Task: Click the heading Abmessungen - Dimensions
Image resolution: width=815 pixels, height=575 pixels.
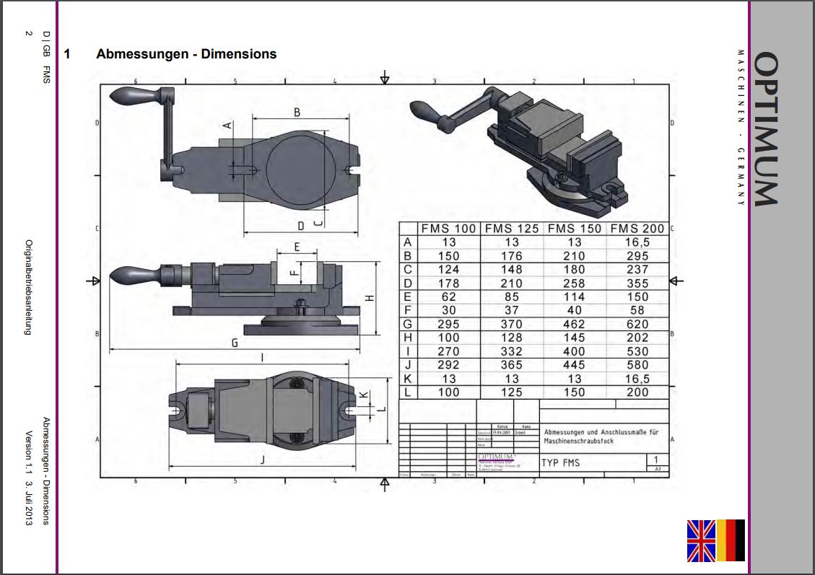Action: (186, 54)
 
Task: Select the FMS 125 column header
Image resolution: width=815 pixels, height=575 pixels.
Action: (512, 229)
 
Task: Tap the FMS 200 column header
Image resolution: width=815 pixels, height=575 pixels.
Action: (637, 229)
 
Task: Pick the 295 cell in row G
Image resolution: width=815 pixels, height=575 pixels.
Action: (448, 324)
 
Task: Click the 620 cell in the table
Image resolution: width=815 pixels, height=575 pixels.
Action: (637, 324)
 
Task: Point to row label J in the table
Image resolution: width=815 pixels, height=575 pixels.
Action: (409, 365)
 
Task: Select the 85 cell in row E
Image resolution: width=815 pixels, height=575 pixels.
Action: (512, 297)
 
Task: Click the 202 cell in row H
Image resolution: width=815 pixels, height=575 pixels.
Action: (637, 338)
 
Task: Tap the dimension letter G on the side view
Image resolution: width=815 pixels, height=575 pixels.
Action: (235, 343)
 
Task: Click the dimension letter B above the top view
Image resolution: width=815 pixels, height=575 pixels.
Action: (296, 112)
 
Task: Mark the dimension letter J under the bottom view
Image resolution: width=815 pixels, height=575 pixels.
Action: (263, 460)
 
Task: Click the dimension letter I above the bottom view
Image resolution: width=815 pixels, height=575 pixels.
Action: (261, 357)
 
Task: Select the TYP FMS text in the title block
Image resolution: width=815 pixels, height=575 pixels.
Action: (560, 462)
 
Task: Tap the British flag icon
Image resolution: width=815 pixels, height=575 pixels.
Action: (700, 540)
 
